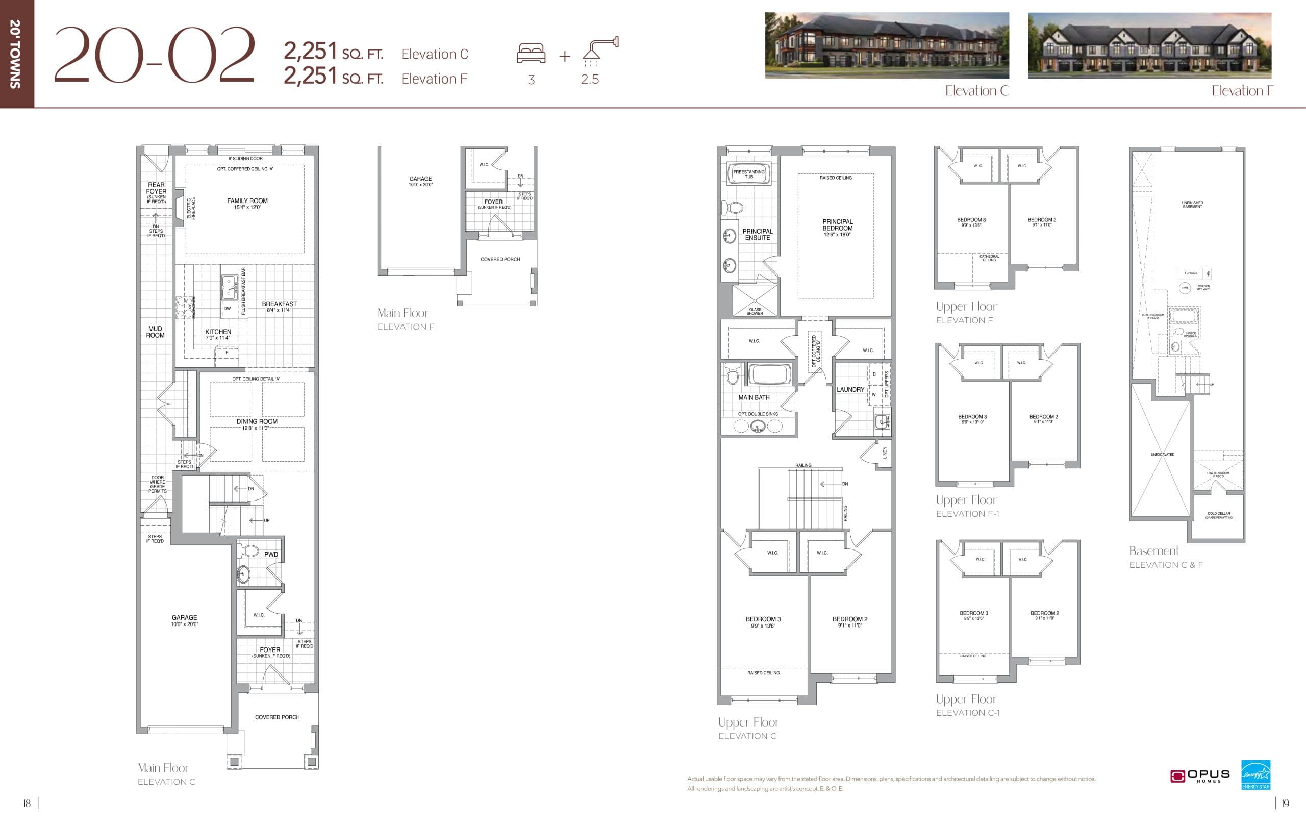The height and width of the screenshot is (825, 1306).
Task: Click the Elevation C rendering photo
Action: point(887,45)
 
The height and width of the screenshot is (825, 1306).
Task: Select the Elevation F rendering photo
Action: point(1149,45)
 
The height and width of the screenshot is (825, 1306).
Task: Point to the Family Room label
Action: point(247,204)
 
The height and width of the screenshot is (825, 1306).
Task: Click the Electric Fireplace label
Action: point(191,208)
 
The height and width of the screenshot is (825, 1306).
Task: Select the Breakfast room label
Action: point(280,307)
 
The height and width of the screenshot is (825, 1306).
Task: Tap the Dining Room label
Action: point(257,424)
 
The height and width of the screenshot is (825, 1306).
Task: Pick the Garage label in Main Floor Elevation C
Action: point(184,620)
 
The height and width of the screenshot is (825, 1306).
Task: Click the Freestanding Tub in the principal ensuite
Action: point(748,174)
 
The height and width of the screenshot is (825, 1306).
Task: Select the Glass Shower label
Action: point(755,311)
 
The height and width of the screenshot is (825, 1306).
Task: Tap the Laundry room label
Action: point(850,389)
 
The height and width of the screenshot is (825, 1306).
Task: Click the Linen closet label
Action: point(885,453)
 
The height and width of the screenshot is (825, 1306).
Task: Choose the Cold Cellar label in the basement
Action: point(1219,515)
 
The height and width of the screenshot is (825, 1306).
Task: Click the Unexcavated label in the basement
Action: point(1162,455)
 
